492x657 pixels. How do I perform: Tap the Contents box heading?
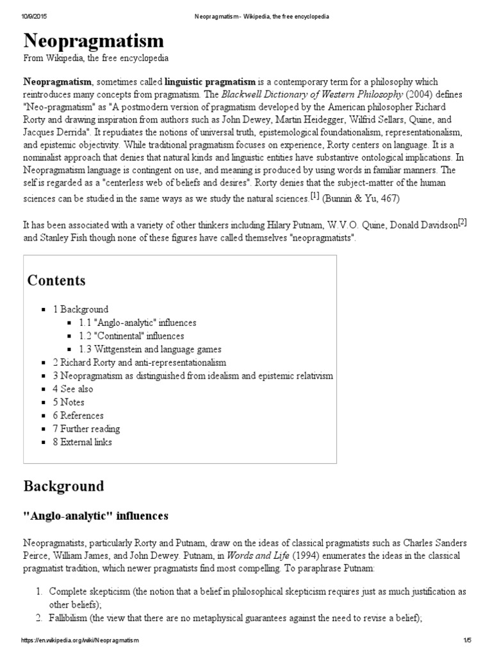point(56,280)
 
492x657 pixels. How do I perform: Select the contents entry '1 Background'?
point(81,309)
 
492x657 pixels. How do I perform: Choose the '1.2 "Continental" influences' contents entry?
point(131,336)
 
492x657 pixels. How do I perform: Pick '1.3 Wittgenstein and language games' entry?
point(150,349)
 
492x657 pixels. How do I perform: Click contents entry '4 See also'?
point(72,389)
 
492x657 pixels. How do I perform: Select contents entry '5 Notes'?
point(69,402)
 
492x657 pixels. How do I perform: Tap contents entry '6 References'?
point(78,416)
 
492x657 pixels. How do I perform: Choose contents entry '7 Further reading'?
point(86,429)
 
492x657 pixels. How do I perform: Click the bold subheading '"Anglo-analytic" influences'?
point(95,515)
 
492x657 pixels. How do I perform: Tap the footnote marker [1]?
point(315,196)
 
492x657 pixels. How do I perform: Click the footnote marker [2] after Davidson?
point(462,223)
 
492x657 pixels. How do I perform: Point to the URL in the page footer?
point(80,640)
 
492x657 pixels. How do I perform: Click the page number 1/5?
point(467,640)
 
